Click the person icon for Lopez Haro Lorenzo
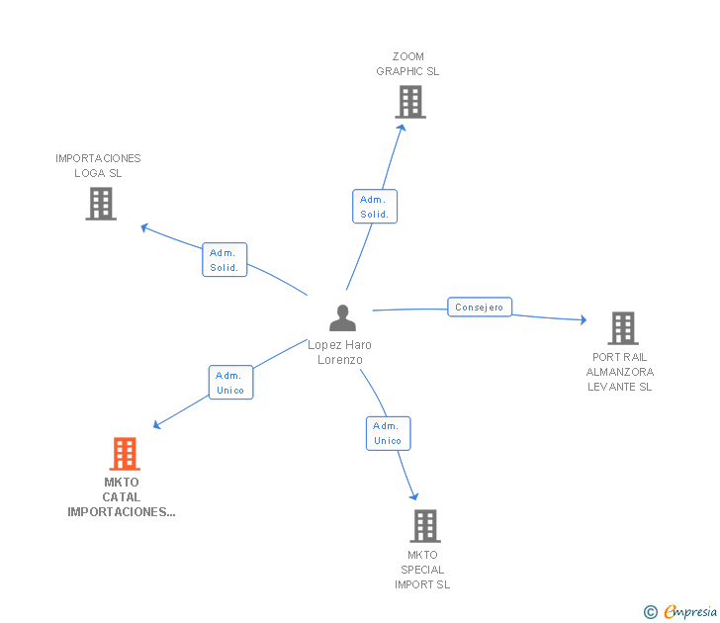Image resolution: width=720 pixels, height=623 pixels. point(342,317)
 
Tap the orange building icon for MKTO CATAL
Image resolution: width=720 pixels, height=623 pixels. point(124,454)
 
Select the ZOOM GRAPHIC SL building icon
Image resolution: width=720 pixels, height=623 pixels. point(409,102)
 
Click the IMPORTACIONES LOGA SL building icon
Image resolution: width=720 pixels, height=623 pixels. point(101,204)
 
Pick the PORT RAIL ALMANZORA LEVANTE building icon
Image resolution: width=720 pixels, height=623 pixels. point(622,327)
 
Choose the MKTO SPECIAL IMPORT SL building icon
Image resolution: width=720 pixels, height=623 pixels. point(424,525)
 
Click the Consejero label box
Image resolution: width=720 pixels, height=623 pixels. point(480,308)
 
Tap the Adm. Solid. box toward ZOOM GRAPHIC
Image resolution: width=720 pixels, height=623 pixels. point(374,207)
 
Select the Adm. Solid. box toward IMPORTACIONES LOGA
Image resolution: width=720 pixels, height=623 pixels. point(224,260)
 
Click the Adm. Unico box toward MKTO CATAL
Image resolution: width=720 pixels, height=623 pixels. point(230,383)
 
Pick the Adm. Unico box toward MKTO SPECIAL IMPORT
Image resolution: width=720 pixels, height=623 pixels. point(388,433)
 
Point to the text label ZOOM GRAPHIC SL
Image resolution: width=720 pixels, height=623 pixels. point(407,64)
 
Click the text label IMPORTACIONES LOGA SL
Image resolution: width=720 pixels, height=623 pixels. point(98,165)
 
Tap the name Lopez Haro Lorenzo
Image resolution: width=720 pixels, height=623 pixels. point(339,352)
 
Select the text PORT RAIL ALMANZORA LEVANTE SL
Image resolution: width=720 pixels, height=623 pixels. point(620,372)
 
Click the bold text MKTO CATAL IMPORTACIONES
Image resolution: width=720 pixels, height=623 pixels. point(122,497)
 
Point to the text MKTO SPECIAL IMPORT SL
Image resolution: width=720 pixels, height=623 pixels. point(422,570)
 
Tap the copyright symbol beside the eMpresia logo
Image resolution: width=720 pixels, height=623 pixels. point(651,613)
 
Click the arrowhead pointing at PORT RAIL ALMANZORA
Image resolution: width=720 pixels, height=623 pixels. point(583,319)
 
